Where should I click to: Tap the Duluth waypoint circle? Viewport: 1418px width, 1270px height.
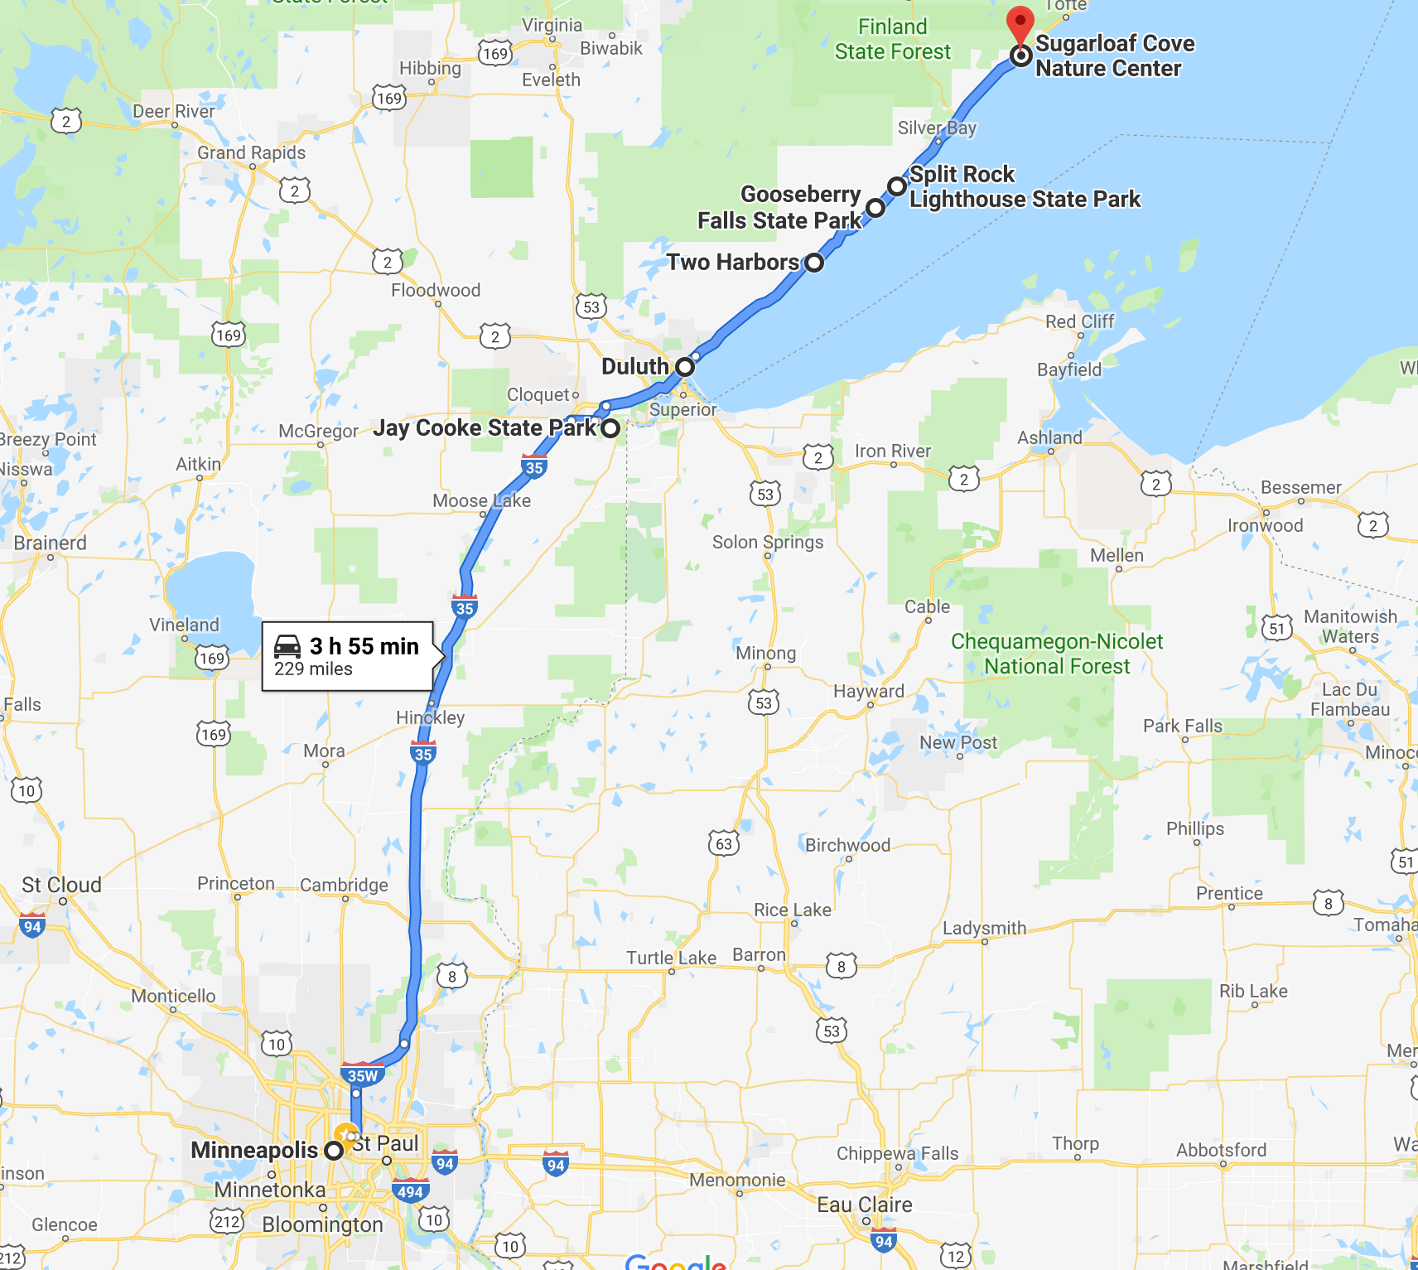pyautogui.click(x=684, y=366)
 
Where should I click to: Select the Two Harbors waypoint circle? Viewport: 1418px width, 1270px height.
pyautogui.click(x=814, y=263)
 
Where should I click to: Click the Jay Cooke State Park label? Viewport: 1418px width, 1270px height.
pyautogui.click(x=484, y=427)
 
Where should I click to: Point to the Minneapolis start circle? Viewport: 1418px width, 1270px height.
pyautogui.click(x=334, y=1151)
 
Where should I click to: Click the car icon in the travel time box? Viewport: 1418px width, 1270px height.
pyautogui.click(x=287, y=646)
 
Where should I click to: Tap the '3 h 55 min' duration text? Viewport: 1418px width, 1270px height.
pyautogui.click(x=364, y=646)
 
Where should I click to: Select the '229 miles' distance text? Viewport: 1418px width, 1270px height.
pyautogui.click(x=313, y=669)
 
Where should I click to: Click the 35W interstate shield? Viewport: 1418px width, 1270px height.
pyautogui.click(x=362, y=1075)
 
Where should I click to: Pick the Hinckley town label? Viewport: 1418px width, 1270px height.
pyautogui.click(x=430, y=717)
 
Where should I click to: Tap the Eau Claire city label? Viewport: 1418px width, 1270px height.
pyautogui.click(x=865, y=1205)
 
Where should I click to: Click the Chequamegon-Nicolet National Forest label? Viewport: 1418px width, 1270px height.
pyautogui.click(x=1057, y=654)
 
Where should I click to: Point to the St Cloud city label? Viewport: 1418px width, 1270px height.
pyautogui.click(x=61, y=885)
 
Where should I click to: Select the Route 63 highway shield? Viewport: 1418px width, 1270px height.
pyautogui.click(x=724, y=843)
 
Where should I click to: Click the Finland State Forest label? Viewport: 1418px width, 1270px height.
pyautogui.click(x=892, y=39)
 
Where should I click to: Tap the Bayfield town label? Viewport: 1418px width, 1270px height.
pyautogui.click(x=1069, y=369)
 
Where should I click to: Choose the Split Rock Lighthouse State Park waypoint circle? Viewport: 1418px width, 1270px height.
pyautogui.click(x=896, y=186)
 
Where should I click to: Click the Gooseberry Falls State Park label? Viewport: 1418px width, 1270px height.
pyautogui.click(x=779, y=207)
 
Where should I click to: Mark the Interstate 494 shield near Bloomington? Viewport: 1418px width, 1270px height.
pyautogui.click(x=410, y=1191)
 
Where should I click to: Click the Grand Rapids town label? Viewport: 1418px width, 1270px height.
pyautogui.click(x=251, y=152)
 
